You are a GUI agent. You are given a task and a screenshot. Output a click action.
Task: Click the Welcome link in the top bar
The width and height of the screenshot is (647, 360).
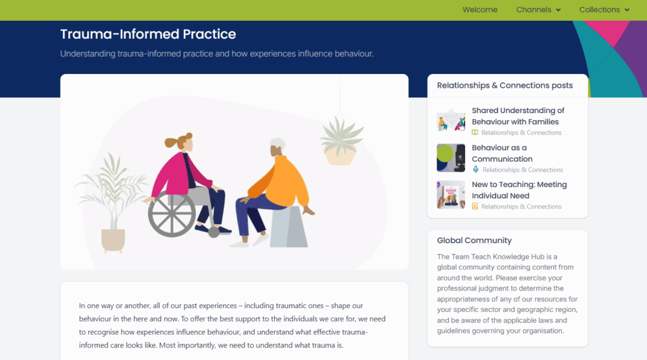pyautogui.click(x=480, y=9)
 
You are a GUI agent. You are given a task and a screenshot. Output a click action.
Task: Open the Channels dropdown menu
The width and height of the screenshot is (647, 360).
pyautogui.click(x=538, y=9)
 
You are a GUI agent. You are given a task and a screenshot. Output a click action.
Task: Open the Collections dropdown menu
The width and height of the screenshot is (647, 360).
pyautogui.click(x=604, y=9)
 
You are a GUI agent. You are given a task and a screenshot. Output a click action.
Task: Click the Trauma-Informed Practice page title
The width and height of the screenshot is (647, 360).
pyautogui.click(x=148, y=34)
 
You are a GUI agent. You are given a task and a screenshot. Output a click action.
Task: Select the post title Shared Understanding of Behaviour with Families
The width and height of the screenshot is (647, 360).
pyautogui.click(x=518, y=116)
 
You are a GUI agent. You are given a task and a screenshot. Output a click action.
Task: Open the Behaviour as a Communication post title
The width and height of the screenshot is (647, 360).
pyautogui.click(x=502, y=153)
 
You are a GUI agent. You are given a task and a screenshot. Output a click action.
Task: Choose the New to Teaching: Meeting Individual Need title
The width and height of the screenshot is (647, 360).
pyautogui.click(x=519, y=190)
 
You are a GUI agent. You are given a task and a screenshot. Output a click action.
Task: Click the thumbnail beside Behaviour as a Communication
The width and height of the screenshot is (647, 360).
pyautogui.click(x=451, y=157)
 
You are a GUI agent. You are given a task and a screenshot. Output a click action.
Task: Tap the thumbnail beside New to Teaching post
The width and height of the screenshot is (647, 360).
pyautogui.click(x=451, y=195)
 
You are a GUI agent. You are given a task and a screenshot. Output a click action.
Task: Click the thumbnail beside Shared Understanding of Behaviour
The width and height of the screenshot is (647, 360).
pyautogui.click(x=451, y=121)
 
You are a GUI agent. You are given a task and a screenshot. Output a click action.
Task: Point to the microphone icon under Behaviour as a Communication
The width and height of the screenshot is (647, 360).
pyautogui.click(x=475, y=169)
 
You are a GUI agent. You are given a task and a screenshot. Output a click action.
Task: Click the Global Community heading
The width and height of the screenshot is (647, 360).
pyautogui.click(x=474, y=241)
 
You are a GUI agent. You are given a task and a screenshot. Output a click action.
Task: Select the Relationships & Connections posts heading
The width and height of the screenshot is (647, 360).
pyautogui.click(x=505, y=85)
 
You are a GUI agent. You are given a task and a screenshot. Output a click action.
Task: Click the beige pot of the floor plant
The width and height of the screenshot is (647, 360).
pyautogui.click(x=112, y=240)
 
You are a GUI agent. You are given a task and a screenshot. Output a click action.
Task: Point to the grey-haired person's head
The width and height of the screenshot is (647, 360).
pyautogui.click(x=277, y=147)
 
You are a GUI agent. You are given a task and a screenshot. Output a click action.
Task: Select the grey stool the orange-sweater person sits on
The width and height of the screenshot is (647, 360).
pyautogui.click(x=289, y=227)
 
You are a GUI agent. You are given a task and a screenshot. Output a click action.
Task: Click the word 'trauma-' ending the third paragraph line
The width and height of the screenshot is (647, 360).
pyautogui.click(x=355, y=332)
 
